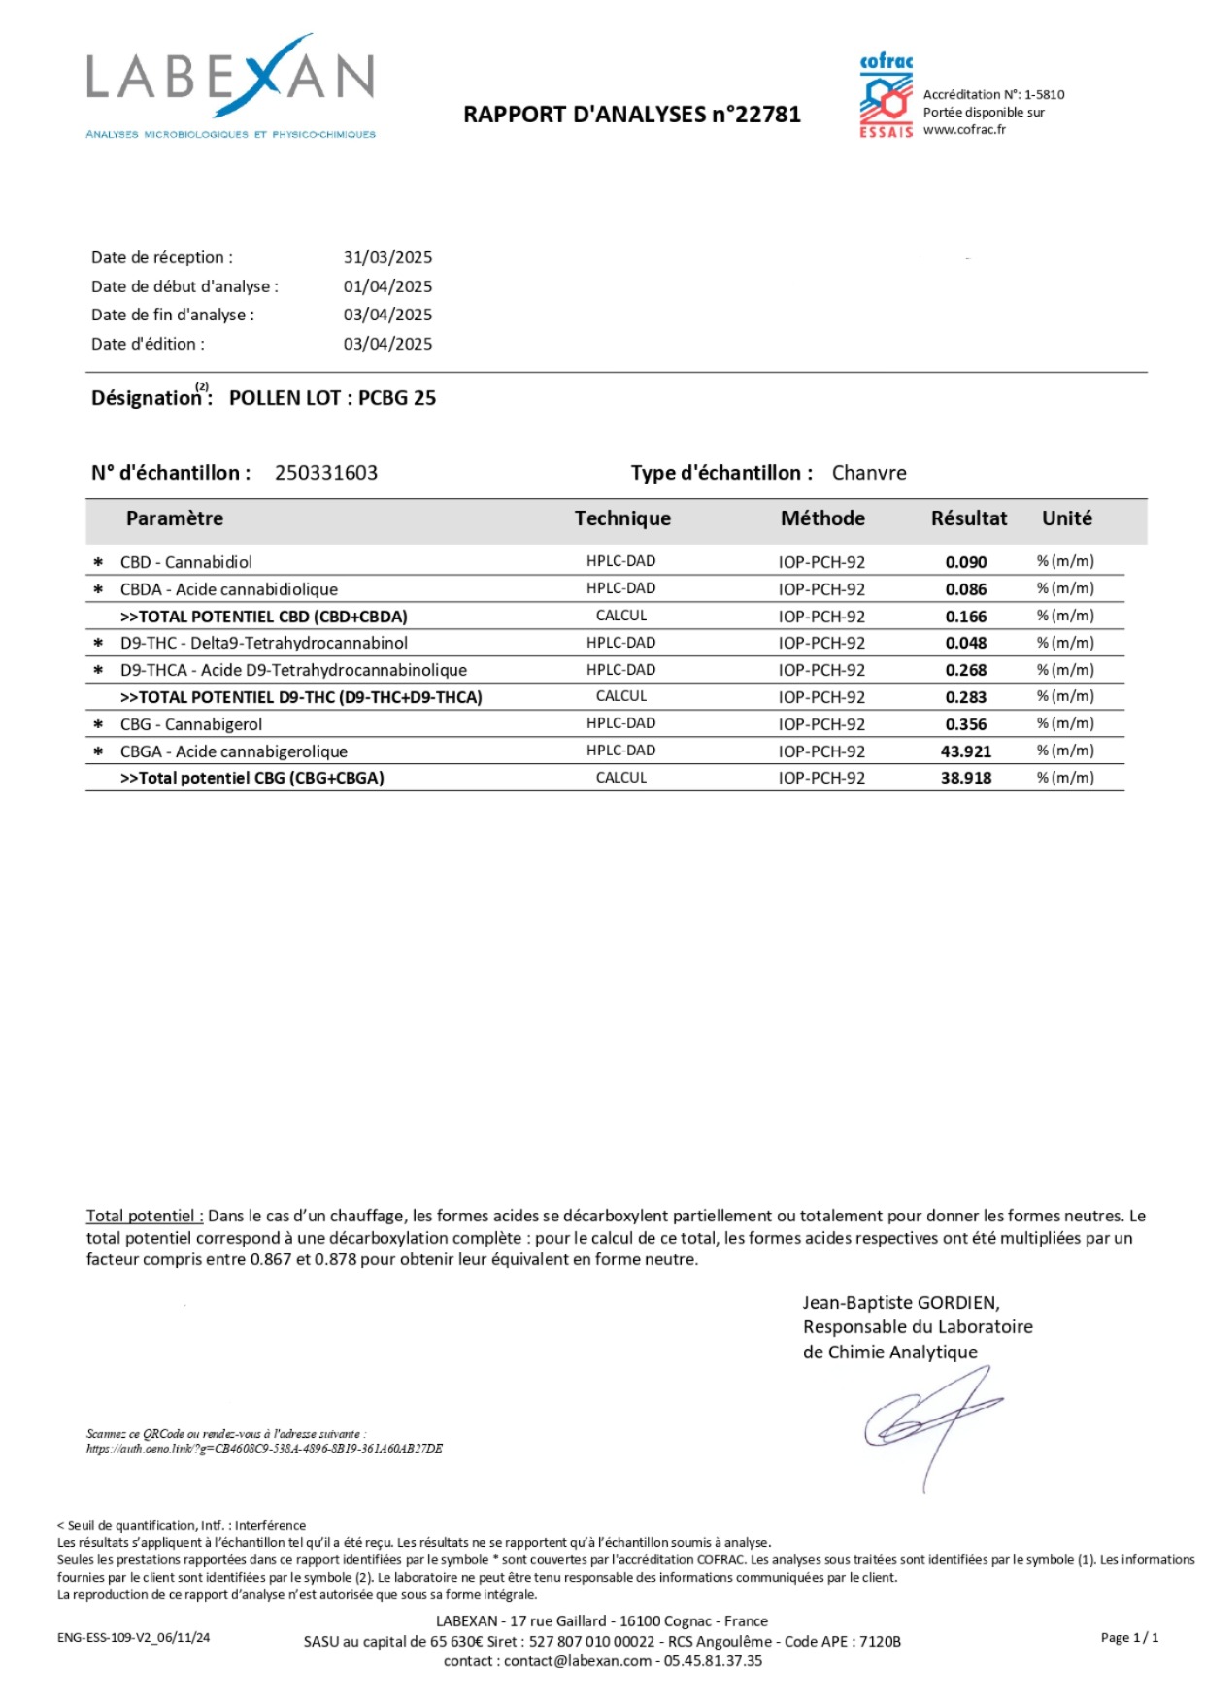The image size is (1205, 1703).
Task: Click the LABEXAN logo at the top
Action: tap(230, 85)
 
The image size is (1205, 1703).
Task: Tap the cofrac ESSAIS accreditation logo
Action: tap(886, 96)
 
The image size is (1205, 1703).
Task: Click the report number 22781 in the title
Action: tap(768, 115)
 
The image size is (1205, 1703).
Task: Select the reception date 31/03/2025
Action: tap(387, 257)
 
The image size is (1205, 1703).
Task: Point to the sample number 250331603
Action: tap(326, 473)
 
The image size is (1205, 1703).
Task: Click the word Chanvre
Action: tap(869, 473)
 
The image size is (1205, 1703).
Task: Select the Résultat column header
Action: tap(968, 518)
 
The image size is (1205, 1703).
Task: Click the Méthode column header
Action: tap(822, 518)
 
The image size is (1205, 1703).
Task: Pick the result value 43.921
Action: tap(966, 751)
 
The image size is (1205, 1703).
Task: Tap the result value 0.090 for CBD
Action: tap(966, 562)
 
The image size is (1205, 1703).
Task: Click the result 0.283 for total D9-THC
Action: tap(966, 697)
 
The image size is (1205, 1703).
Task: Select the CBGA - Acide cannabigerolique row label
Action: tap(233, 751)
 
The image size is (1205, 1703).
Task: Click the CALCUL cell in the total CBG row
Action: tap(621, 778)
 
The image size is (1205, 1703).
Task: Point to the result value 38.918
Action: tap(966, 778)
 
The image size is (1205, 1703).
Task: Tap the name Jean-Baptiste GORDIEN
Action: tap(900, 1303)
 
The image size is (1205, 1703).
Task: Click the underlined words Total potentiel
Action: tap(144, 1216)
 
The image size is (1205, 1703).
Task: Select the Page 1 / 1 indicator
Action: tap(1129, 1638)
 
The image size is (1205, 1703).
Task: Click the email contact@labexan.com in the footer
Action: tap(578, 1661)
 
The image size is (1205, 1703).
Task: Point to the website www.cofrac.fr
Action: tap(964, 130)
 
